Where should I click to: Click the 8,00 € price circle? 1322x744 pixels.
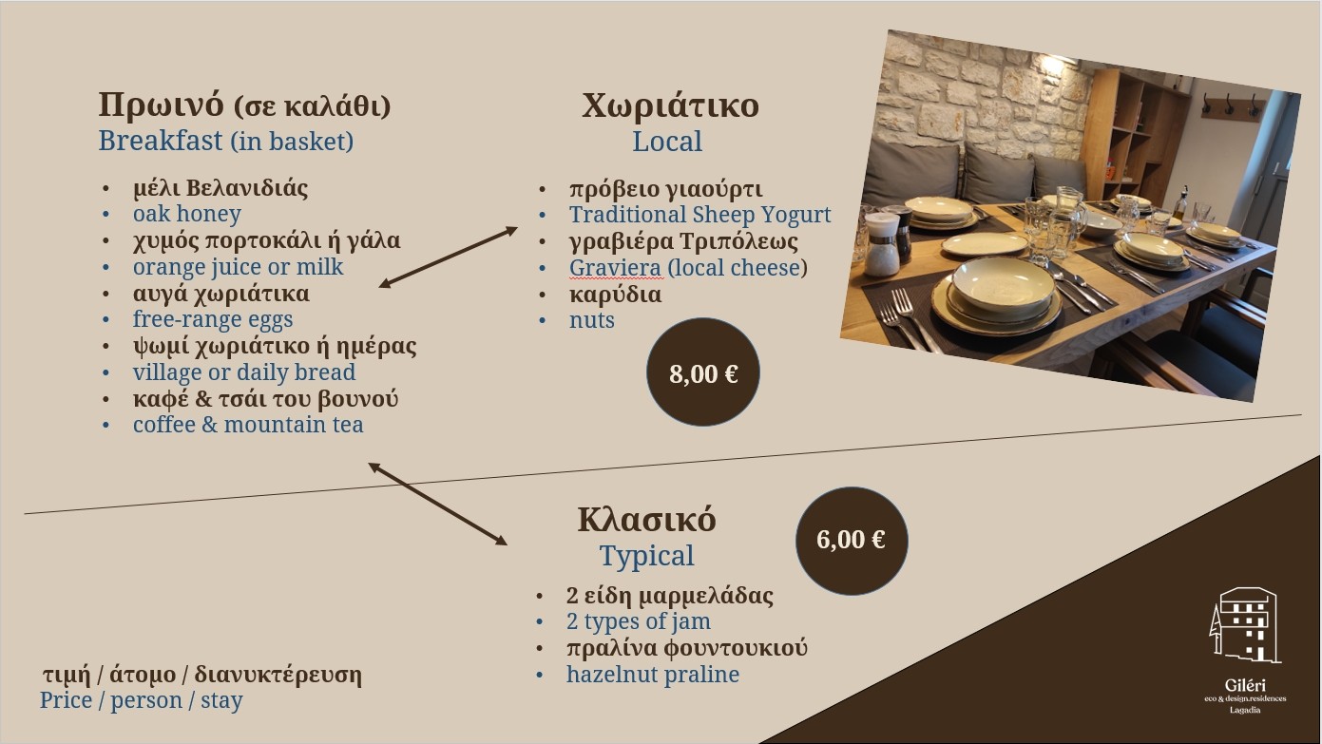click(703, 372)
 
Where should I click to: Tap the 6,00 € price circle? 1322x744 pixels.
click(852, 541)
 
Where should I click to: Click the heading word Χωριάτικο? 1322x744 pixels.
click(670, 105)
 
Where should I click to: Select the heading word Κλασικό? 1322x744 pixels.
click(647, 520)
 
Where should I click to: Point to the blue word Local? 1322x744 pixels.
click(667, 142)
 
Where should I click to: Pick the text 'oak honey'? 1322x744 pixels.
click(186, 214)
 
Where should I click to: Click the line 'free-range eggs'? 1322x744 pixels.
click(213, 319)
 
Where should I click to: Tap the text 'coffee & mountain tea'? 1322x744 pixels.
click(248, 425)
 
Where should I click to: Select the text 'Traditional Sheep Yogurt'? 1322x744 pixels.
click(699, 215)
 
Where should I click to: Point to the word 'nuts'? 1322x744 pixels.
click(591, 320)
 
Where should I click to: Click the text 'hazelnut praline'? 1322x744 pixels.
click(653, 675)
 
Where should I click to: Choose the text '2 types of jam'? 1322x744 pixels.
click(639, 621)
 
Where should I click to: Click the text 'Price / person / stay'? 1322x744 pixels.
click(141, 701)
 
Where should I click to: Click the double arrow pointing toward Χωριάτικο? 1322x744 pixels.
click(448, 258)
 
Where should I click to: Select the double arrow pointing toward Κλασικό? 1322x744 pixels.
click(438, 504)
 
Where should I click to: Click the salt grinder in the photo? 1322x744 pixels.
click(881, 243)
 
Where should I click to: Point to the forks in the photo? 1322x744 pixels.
click(910, 321)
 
